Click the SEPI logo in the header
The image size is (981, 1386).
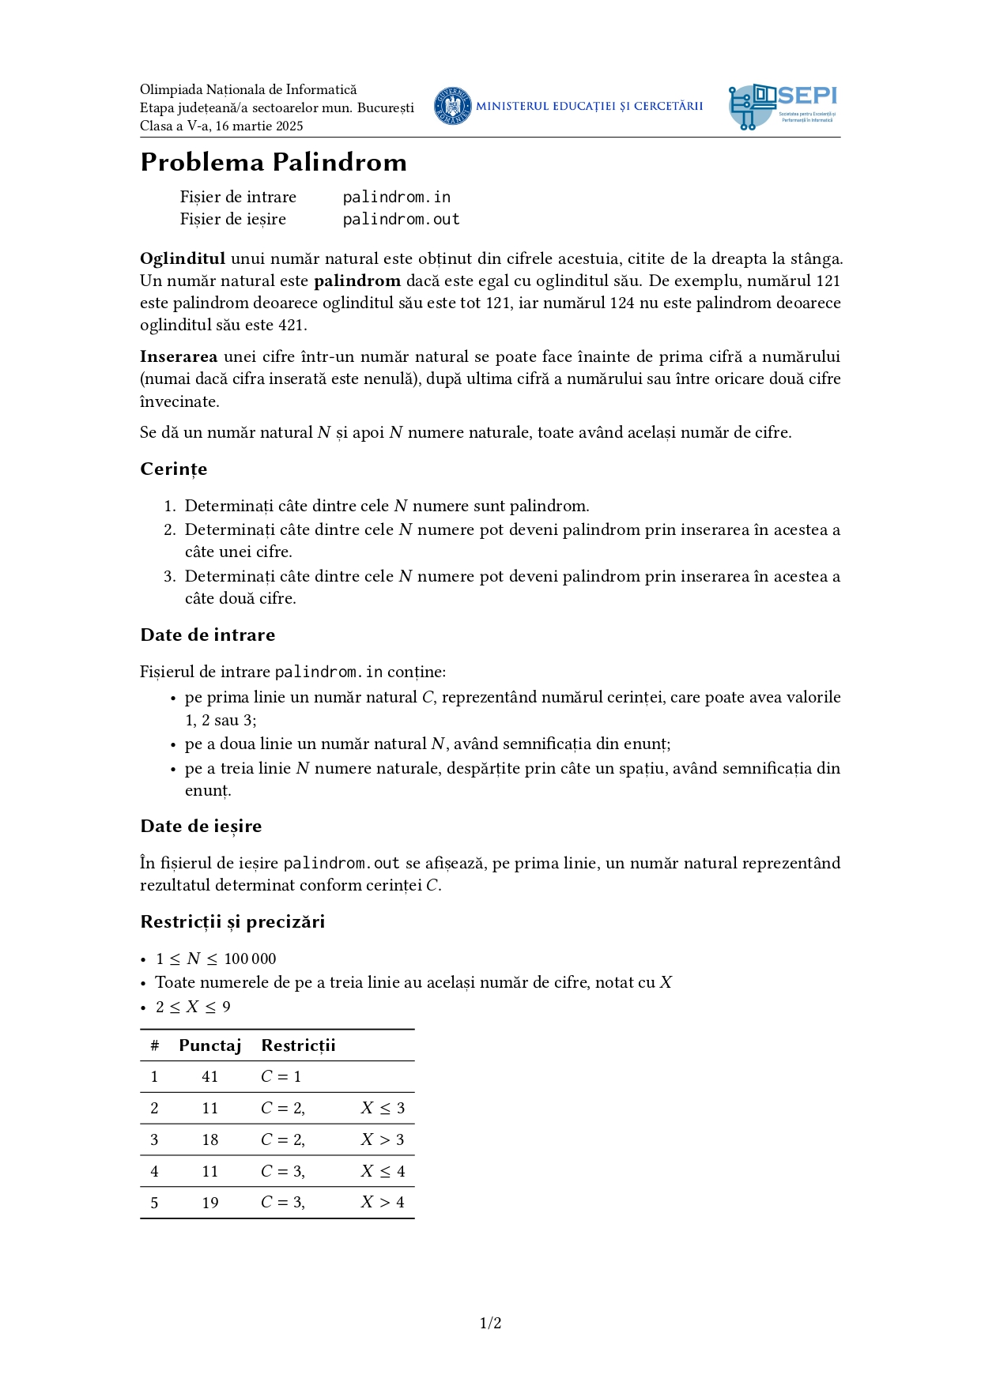point(783,107)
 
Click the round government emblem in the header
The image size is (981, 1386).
point(453,106)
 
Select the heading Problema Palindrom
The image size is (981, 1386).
point(274,162)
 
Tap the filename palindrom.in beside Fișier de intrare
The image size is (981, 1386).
point(396,197)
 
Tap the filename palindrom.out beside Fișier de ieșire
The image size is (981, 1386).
point(401,219)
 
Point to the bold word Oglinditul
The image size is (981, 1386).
point(183,258)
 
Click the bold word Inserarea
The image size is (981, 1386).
point(179,356)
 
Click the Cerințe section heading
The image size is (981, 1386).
point(174,469)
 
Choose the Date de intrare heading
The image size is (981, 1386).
point(208,635)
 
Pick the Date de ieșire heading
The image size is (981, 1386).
point(201,826)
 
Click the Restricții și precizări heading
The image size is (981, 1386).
point(232,921)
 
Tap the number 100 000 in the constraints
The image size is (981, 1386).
point(250,959)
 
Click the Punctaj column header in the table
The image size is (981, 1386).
point(209,1045)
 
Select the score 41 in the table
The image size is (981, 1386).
point(209,1076)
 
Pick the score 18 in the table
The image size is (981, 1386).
point(209,1139)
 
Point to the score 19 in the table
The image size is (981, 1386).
point(209,1203)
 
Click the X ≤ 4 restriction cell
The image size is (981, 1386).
point(383,1171)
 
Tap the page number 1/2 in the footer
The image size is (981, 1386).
point(490,1323)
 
